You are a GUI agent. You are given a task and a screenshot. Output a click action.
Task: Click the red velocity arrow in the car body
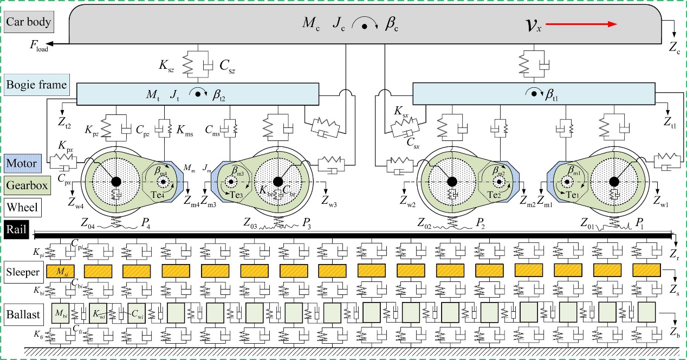tap(582, 24)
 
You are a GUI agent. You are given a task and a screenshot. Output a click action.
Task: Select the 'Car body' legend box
tap(29, 22)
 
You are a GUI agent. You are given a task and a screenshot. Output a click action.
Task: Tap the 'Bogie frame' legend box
tap(36, 85)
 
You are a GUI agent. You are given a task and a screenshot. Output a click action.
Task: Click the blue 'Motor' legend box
tap(21, 163)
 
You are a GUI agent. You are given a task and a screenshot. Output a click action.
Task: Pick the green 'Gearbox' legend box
tap(27, 185)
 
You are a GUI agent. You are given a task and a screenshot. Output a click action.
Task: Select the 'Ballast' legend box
tap(22, 314)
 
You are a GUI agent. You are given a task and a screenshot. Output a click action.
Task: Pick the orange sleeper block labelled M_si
tap(60, 271)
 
